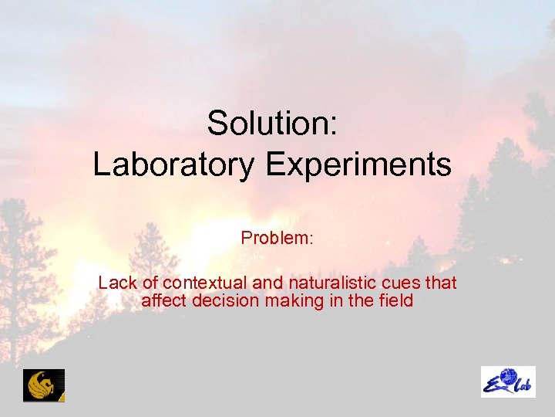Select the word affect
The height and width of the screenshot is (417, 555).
[163, 300]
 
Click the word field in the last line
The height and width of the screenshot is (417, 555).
[396, 300]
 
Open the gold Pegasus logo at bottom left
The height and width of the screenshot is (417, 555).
[44, 385]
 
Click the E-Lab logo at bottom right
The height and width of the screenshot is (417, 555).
[508, 381]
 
